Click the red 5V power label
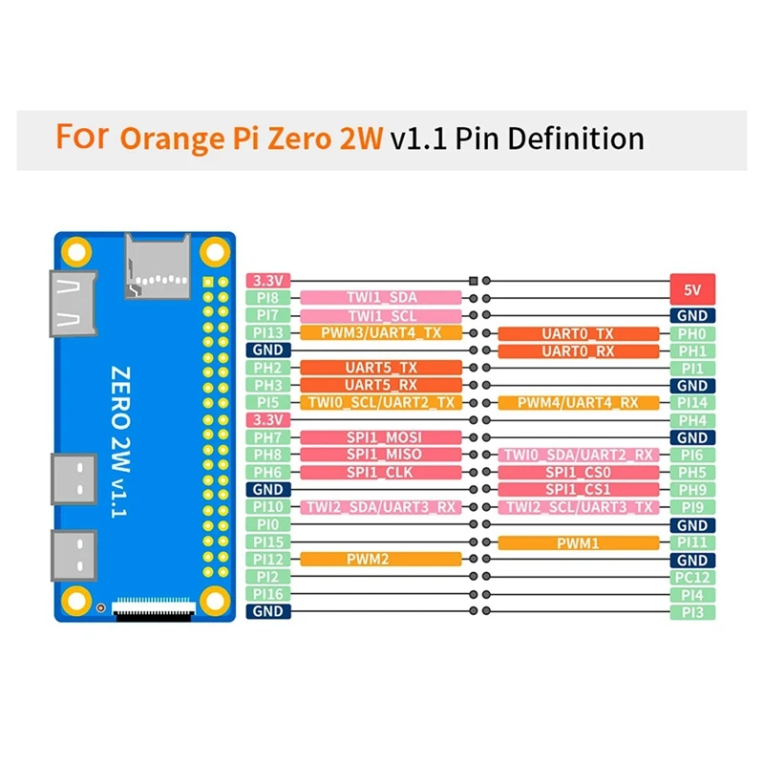(x=692, y=290)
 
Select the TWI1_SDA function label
(x=381, y=297)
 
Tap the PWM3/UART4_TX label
(x=381, y=332)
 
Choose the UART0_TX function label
(x=579, y=333)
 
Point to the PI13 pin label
(x=268, y=332)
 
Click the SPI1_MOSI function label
(x=381, y=437)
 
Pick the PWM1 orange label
(x=579, y=542)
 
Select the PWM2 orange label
(x=381, y=559)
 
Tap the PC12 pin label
(x=692, y=578)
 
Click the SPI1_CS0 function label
(x=579, y=472)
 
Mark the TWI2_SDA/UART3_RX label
(x=381, y=507)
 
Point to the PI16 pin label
(x=268, y=594)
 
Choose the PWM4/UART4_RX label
(x=579, y=403)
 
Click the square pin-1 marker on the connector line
(x=473, y=281)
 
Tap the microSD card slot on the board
(x=158, y=266)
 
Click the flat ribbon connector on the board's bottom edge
(x=154, y=609)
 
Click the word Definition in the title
(x=576, y=138)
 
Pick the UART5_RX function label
(x=381, y=385)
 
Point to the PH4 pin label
(x=692, y=420)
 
